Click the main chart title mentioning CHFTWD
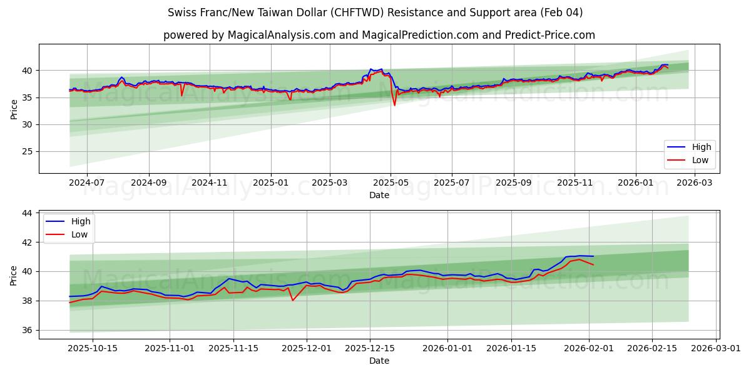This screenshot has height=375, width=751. pos(375,12)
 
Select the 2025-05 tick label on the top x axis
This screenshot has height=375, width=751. pos(391,182)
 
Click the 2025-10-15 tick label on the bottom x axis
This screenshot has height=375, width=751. pos(93,349)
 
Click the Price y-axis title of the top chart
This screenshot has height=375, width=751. pos(14,108)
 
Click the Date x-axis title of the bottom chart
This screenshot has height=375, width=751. pos(379,361)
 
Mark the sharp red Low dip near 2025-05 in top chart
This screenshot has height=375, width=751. pos(394,104)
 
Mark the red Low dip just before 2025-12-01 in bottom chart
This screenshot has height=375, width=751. pos(292,300)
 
